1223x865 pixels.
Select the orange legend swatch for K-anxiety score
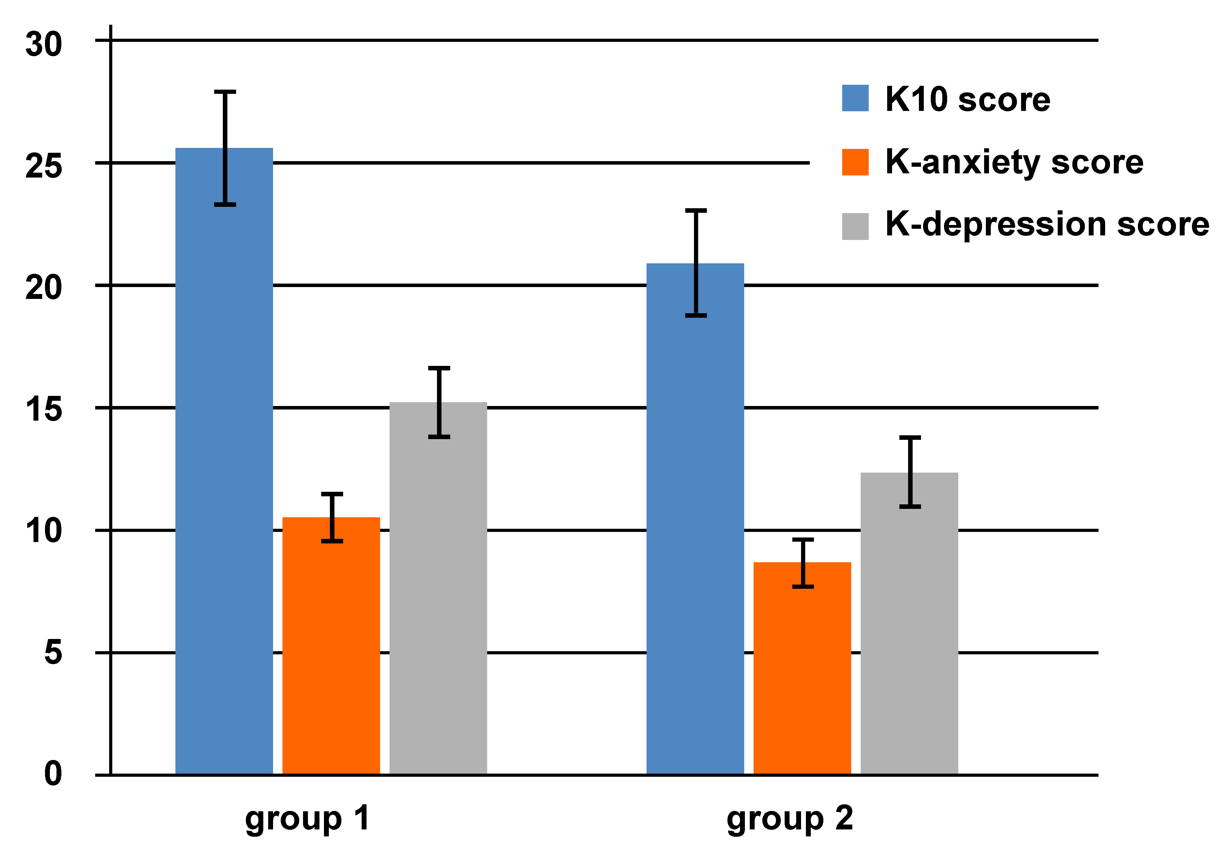pos(855,162)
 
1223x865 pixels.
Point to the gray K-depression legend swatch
pos(855,226)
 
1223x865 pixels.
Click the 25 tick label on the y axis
pos(44,166)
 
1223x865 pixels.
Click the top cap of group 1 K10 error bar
pos(225,92)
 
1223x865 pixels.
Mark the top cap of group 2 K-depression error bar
pos(910,437)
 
